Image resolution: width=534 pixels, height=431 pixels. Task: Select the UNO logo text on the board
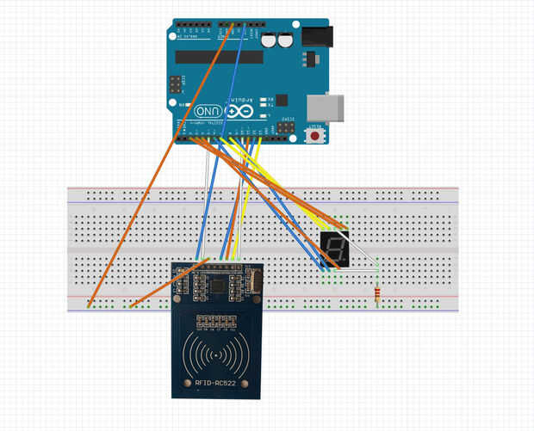[208, 111]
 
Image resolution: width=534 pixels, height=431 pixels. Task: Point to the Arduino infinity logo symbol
[239, 111]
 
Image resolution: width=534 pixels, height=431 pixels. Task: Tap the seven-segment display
[333, 250]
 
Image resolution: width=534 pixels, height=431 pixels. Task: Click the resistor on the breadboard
[379, 294]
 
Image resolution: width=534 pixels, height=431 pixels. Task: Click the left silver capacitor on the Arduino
[270, 40]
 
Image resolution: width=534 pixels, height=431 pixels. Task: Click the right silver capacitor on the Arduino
[284, 40]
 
